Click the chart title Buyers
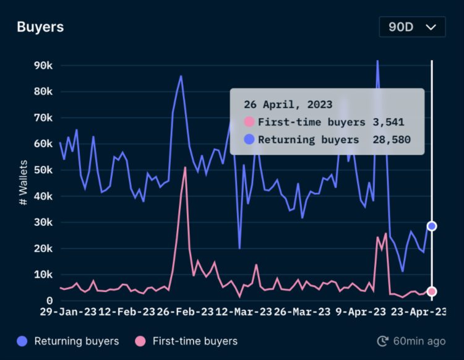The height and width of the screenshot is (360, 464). pyautogui.click(x=40, y=27)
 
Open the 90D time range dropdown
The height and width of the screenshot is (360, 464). pyautogui.click(x=411, y=27)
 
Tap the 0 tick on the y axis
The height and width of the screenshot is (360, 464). pyautogui.click(x=49, y=301)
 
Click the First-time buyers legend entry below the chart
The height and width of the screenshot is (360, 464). pyautogui.click(x=187, y=341)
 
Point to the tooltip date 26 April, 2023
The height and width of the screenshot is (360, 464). pyautogui.click(x=288, y=105)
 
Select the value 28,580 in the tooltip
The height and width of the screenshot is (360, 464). pyautogui.click(x=392, y=140)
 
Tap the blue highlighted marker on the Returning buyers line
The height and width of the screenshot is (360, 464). pyautogui.click(x=432, y=226)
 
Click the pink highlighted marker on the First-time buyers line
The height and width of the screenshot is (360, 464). pyautogui.click(x=432, y=291)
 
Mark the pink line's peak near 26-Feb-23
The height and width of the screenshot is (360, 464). pyautogui.click(x=185, y=168)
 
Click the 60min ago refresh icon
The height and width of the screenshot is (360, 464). pyautogui.click(x=383, y=341)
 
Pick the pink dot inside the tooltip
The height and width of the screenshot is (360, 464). pyautogui.click(x=249, y=122)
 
